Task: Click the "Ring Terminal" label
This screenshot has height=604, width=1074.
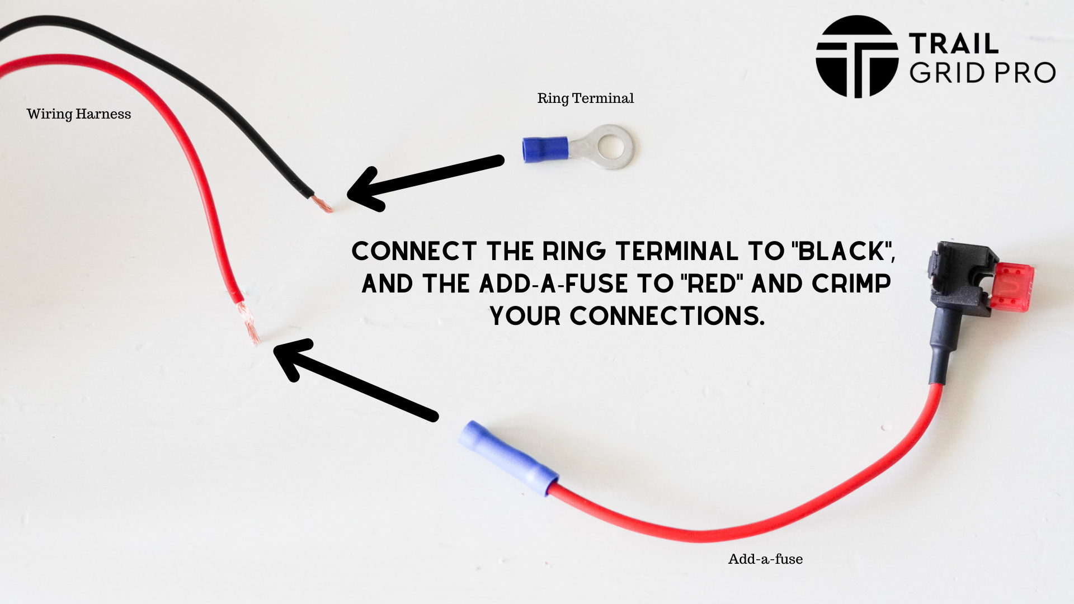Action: point(585,98)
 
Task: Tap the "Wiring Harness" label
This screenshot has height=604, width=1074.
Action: point(79,114)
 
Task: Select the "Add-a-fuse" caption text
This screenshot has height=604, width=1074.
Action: point(765,559)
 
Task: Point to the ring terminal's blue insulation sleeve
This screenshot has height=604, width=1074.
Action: point(545,149)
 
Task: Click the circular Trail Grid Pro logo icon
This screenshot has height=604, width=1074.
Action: point(857,56)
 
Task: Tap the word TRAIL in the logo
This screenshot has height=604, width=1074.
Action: point(953,44)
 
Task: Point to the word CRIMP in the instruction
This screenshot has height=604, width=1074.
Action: point(851,284)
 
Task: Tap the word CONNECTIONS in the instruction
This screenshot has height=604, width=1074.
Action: point(666,316)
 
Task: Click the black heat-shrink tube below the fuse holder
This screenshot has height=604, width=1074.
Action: point(941,352)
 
